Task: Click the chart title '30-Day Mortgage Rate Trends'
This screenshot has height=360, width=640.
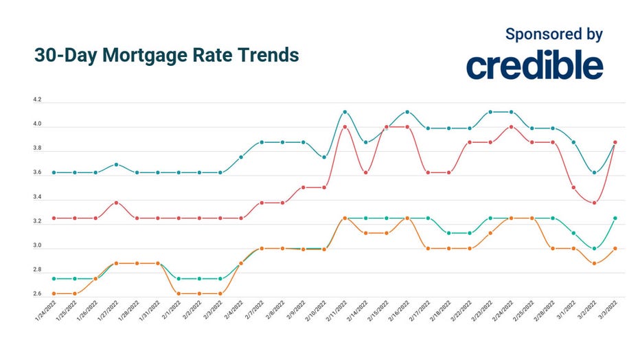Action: pyautogui.click(x=166, y=56)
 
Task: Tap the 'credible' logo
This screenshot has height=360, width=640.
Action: pyautogui.click(x=534, y=65)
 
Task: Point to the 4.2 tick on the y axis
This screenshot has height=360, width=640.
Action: pyautogui.click(x=37, y=100)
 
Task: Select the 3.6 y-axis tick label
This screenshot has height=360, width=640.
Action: pyautogui.click(x=37, y=173)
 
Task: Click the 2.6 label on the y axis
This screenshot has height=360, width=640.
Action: pyautogui.click(x=37, y=294)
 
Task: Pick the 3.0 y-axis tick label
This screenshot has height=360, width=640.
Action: pyautogui.click(x=37, y=246)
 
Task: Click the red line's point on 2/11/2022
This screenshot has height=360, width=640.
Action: pyautogui.click(x=345, y=126)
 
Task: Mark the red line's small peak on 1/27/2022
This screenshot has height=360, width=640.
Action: pyautogui.click(x=116, y=203)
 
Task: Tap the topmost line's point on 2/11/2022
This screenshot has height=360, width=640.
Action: pyautogui.click(x=345, y=111)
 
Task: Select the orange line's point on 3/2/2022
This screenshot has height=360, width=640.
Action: pyautogui.click(x=595, y=263)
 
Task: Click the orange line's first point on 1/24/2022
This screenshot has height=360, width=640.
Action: pyautogui.click(x=54, y=293)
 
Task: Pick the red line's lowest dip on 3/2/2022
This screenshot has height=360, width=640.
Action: pyautogui.click(x=595, y=203)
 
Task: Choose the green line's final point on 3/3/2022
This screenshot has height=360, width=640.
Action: pyautogui.click(x=615, y=218)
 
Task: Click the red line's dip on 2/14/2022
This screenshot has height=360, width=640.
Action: pyautogui.click(x=366, y=172)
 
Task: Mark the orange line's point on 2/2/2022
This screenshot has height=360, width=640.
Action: pyautogui.click(x=199, y=293)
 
